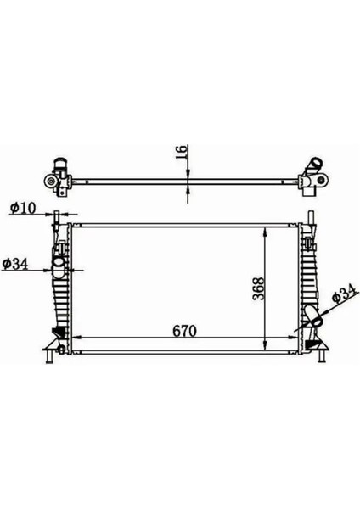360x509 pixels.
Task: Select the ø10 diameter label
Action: (x=22, y=207)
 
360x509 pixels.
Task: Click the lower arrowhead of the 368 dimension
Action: (x=268, y=346)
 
